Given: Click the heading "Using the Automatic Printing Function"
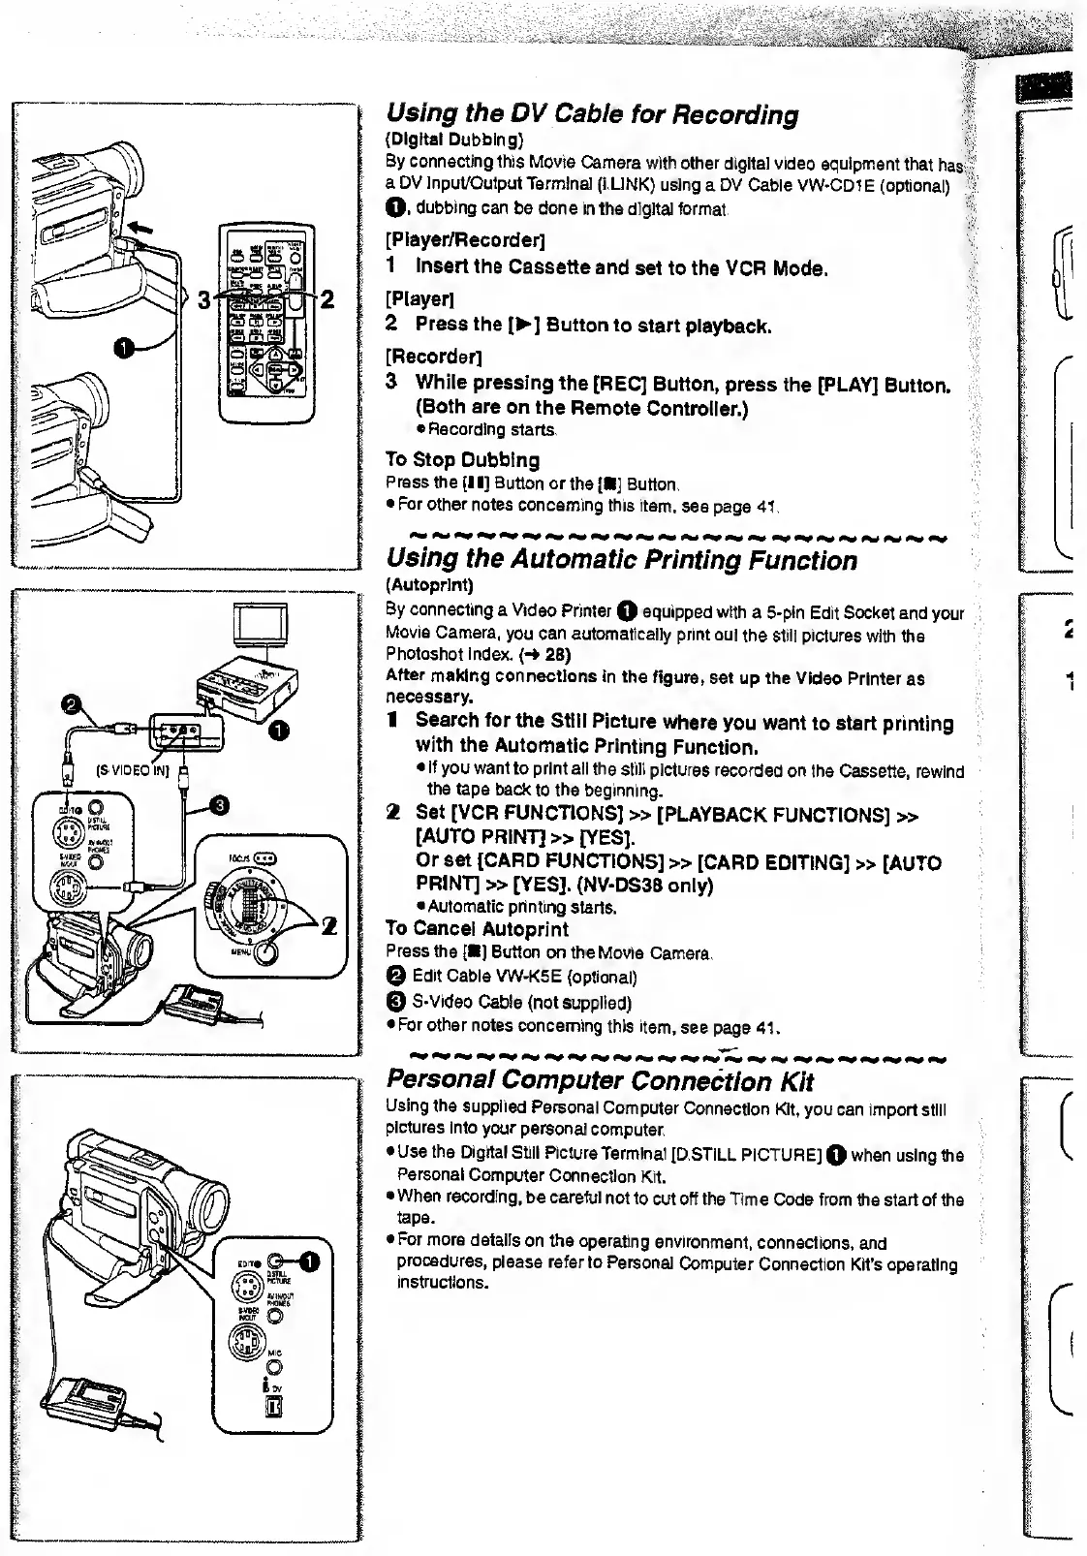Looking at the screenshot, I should point(621,561).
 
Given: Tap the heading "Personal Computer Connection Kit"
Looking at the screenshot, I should point(600,1081).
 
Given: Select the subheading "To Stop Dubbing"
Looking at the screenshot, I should point(462,459).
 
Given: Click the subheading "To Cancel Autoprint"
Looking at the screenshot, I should point(477,929).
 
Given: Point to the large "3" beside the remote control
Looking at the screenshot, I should point(203,299).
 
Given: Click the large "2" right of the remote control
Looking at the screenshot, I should point(327,299).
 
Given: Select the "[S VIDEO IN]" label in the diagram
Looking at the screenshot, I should point(132,770).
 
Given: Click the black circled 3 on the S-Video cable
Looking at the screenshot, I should point(219,804).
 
